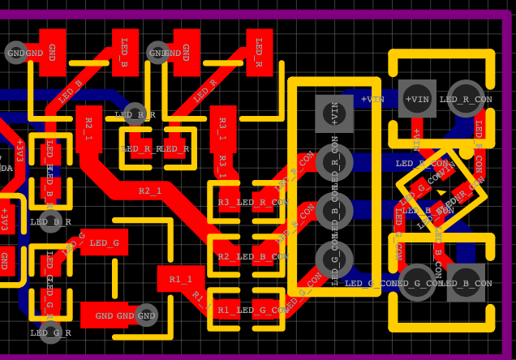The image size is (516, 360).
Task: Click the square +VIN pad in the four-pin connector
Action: click(x=334, y=114)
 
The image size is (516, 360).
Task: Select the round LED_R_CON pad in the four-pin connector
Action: click(x=334, y=162)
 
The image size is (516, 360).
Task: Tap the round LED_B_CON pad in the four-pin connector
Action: click(x=334, y=211)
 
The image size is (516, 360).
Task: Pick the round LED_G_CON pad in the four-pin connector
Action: click(x=334, y=259)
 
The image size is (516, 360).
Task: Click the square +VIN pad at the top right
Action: click(x=417, y=99)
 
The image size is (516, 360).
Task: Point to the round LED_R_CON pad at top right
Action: click(x=466, y=99)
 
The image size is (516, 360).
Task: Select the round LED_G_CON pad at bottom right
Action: click(x=417, y=282)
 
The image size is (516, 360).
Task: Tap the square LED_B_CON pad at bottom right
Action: click(x=466, y=282)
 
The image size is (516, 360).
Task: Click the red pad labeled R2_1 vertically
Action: click(x=88, y=128)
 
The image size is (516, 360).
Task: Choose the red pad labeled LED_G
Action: click(x=105, y=242)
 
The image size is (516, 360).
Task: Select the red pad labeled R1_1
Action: click(x=180, y=279)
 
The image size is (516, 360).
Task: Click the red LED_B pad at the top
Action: click(x=125, y=52)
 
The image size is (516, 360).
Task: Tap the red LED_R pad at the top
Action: click(x=259, y=52)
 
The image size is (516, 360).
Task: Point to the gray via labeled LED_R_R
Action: click(x=135, y=114)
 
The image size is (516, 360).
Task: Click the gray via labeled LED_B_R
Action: click(x=50, y=221)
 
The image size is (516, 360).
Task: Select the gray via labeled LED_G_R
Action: click(x=50, y=332)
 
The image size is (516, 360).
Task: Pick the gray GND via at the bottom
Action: click(x=145, y=315)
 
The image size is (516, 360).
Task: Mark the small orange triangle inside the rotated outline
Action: click(x=441, y=192)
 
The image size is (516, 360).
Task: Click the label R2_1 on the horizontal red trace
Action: click(x=150, y=191)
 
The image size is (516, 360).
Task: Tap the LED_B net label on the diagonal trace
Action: click(x=71, y=92)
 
